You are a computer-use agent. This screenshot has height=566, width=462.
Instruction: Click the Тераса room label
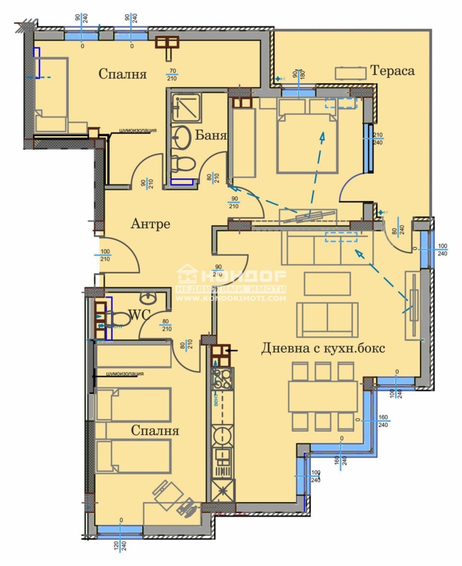[x=393, y=70]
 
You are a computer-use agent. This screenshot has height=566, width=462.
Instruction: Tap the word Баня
[x=211, y=136]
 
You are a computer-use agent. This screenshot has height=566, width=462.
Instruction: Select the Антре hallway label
[x=150, y=223]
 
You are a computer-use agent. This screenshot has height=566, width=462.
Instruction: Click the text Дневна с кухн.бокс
[x=323, y=348]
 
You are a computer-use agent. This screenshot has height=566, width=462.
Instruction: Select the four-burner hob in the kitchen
[x=222, y=379]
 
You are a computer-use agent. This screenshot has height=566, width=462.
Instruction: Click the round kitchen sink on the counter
[x=222, y=433]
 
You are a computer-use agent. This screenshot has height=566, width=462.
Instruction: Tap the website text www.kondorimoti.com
[x=231, y=298]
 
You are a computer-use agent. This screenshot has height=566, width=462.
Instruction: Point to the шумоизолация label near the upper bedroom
[x=138, y=130]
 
